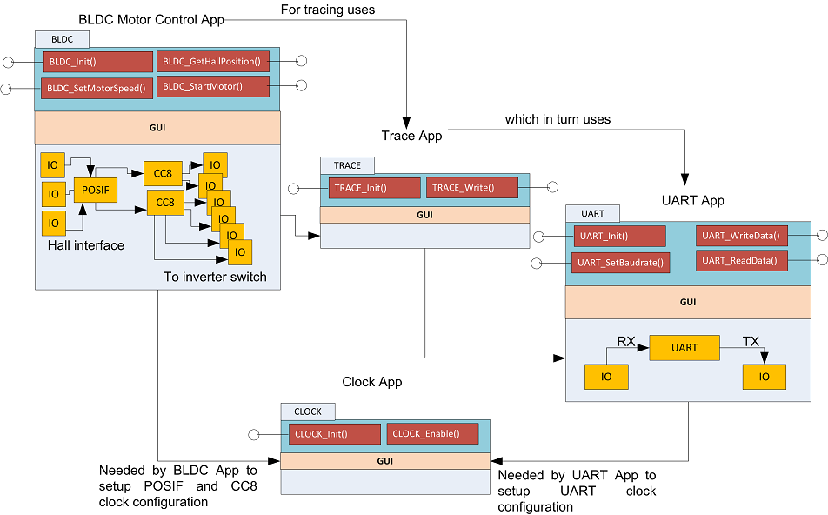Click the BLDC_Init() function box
(85, 62)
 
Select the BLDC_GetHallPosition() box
(213, 62)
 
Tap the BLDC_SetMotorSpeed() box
(96, 88)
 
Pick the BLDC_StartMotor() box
(213, 86)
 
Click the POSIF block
(95, 189)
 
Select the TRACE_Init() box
(374, 187)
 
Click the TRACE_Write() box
(471, 187)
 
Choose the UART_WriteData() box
(741, 236)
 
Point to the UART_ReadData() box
(741, 259)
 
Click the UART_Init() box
(619, 236)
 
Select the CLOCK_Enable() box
(433, 433)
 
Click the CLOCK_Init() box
(334, 433)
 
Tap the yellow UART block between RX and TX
(684, 348)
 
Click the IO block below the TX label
(764, 377)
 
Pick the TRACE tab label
(347, 165)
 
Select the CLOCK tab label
(308, 411)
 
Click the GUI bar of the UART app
(687, 302)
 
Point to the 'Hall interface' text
(86, 245)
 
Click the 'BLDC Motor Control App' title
(151, 19)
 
